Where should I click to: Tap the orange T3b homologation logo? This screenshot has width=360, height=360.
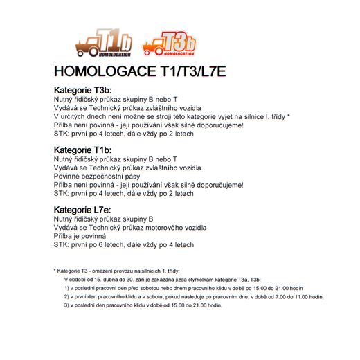pos(169,44)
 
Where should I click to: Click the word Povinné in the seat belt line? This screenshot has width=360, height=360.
pos(69,177)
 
